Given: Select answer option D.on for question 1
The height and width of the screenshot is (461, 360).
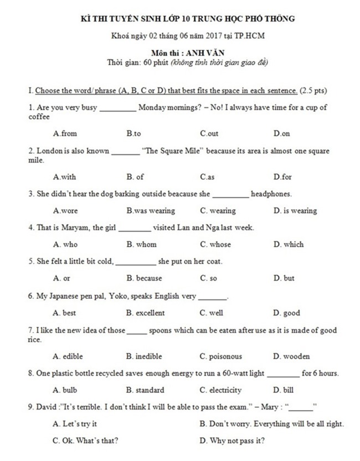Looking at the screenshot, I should point(281,134).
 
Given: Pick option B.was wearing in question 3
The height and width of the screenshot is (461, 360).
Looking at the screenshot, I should point(151,211).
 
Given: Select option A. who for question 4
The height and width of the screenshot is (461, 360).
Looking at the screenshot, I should point(65,244).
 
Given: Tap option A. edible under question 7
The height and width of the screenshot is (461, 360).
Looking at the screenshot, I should point(68,356).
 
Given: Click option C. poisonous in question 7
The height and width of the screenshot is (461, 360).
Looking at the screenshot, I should point(221,356).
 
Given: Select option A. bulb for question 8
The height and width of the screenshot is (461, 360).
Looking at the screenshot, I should point(65,390).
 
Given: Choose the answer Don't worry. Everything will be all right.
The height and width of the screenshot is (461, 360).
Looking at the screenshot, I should point(272,424).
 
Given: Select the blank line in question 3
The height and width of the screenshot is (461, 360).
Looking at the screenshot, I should point(230,195).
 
